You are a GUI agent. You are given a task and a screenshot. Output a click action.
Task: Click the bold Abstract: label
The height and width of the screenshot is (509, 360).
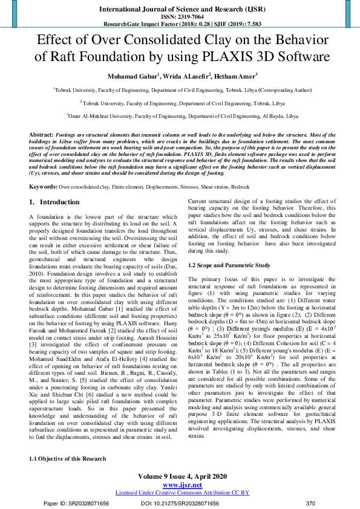(41, 133)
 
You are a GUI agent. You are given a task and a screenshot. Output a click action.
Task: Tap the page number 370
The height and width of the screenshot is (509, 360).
(311, 503)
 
